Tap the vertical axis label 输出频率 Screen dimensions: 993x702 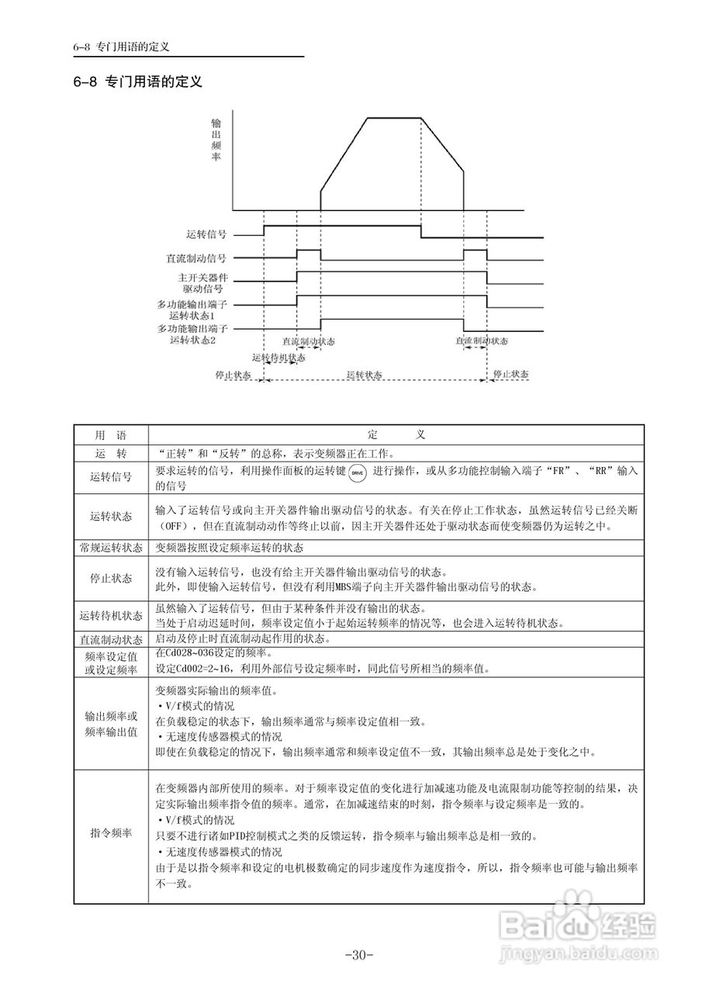216,140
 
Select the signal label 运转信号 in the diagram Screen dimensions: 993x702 206,233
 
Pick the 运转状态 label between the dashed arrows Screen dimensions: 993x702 364,374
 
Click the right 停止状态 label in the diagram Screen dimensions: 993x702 511,374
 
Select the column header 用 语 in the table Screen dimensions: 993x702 110,435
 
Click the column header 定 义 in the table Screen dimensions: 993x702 396,435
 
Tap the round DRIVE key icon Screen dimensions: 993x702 356,473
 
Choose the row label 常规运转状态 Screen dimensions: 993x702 111,547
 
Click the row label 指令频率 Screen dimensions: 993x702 111,833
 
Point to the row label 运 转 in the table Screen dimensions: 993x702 110,454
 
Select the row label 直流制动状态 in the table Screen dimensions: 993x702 111,640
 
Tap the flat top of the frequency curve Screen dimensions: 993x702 393,118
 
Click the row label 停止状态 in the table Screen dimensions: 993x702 111,579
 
